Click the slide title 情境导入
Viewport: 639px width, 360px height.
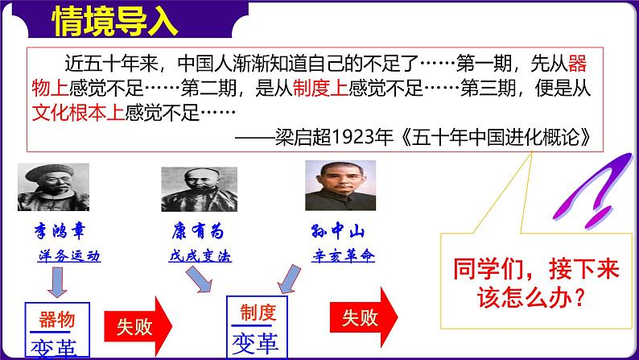tap(115, 21)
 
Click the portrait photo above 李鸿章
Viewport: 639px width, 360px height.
tap(53, 187)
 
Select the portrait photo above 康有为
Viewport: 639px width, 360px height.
tap(200, 189)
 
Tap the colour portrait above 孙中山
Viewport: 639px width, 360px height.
tap(340, 185)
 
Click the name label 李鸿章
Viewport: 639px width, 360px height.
tap(60, 231)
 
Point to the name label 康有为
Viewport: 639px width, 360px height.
tap(199, 232)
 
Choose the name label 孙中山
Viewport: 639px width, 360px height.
tap(337, 231)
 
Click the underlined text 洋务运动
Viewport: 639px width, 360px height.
tap(69, 255)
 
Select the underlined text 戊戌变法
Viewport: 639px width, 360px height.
tap(200, 255)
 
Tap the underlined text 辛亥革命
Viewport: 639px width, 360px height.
tap(343, 255)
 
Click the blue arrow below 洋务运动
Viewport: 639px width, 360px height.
tap(57, 282)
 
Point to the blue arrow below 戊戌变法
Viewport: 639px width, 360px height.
tap(199, 279)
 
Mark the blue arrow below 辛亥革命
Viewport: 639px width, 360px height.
tap(290, 279)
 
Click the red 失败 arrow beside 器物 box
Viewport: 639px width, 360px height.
tap(138, 326)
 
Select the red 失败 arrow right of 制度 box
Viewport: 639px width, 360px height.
tap(364, 317)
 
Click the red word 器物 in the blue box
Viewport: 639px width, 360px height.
tap(57, 319)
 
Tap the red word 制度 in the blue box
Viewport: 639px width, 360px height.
tap(258, 312)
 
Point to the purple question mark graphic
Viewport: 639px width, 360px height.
tap(593, 190)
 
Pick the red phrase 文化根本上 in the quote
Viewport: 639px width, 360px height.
tap(78, 112)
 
